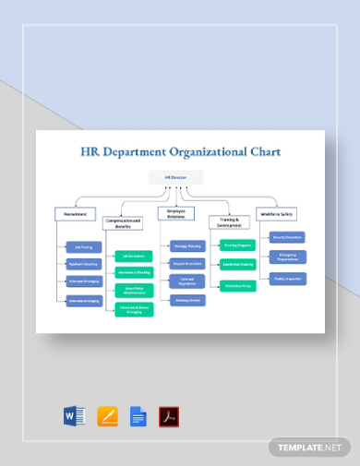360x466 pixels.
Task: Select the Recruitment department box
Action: click(x=77, y=214)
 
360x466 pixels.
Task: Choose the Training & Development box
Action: click(x=228, y=222)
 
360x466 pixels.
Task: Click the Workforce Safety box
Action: click(x=276, y=213)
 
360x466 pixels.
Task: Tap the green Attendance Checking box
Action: click(x=135, y=272)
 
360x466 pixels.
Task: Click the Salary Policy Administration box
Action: click(x=135, y=291)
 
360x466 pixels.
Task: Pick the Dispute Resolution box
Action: click(x=187, y=263)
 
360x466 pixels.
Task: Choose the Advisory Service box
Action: click(x=187, y=301)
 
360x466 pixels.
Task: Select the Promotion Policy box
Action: click(x=238, y=284)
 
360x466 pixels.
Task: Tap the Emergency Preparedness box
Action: click(x=286, y=257)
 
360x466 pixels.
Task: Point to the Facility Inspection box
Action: click(x=286, y=278)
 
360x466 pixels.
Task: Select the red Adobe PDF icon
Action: click(x=169, y=415)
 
